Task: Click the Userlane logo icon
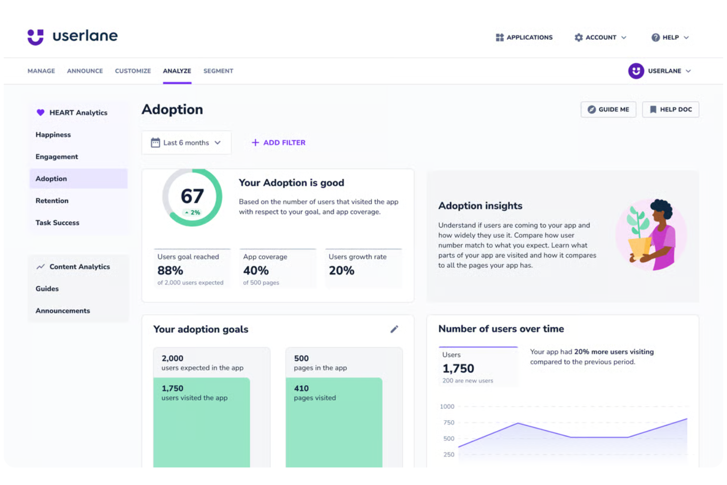click(35, 37)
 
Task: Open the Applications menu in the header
click(524, 37)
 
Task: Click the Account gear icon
click(579, 37)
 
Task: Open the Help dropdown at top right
click(670, 37)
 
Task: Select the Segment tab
click(218, 71)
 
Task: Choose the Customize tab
click(133, 71)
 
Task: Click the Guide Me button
click(608, 110)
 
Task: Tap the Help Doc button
click(671, 110)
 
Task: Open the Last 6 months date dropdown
click(186, 143)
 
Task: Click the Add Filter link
click(279, 143)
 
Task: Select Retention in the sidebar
click(52, 200)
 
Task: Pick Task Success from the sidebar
click(57, 223)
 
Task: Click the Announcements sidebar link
click(62, 311)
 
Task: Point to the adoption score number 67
click(192, 196)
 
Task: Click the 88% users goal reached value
click(170, 270)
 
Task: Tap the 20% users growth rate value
click(341, 270)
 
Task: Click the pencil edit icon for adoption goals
click(394, 329)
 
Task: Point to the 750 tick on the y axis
click(448, 423)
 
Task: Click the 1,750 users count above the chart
click(458, 369)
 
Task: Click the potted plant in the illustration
click(639, 236)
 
